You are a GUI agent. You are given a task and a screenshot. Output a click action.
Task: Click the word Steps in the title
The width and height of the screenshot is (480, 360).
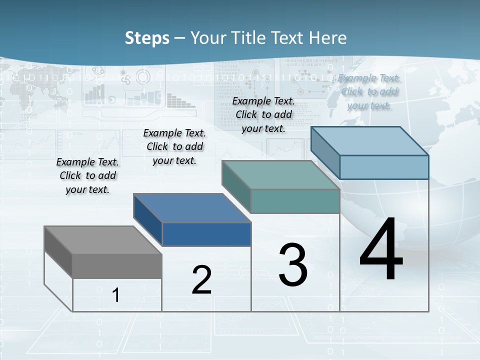147,38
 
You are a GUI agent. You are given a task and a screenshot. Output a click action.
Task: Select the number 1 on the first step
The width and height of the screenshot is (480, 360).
116,295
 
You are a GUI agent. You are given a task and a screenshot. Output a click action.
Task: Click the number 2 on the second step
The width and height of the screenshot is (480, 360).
201,280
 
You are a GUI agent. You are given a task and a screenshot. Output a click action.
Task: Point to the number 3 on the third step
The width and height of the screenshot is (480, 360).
293,265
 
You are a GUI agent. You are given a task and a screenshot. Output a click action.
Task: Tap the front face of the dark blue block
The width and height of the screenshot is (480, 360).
206,234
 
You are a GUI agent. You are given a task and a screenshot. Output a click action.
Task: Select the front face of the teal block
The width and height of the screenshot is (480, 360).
295,201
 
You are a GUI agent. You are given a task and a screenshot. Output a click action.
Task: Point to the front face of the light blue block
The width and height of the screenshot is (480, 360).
384,167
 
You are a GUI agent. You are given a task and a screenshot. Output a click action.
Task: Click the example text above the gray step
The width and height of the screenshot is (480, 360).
87,175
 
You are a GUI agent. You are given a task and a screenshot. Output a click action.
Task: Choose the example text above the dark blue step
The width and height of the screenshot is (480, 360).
174,146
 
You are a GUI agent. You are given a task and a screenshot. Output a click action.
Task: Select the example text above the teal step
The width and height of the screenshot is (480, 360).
263,114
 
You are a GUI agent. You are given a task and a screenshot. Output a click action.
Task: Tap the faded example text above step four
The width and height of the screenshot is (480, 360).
369,91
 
